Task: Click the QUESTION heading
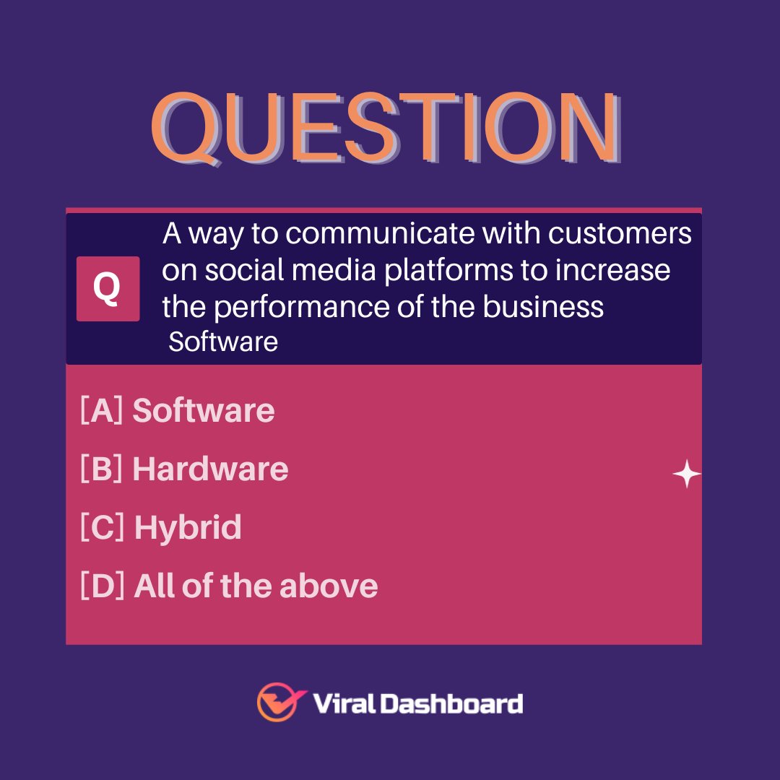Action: [x=385, y=129]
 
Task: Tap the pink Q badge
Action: [x=108, y=288]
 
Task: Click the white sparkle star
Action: [x=686, y=474]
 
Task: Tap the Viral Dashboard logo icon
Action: [x=277, y=702]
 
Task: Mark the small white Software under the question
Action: [x=223, y=342]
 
